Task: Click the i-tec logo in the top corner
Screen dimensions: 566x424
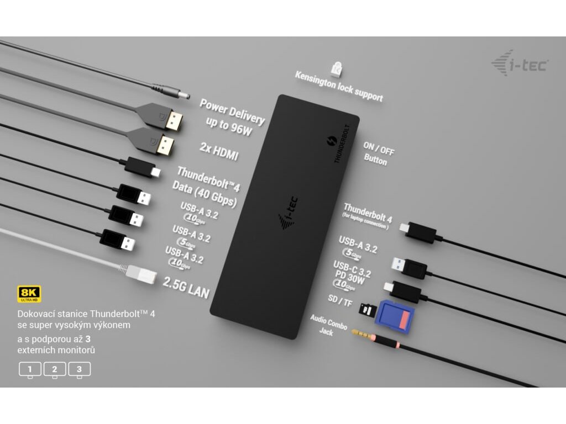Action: point(520,63)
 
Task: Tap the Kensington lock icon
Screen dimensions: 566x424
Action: point(336,68)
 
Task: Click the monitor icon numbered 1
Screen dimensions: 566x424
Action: point(30,369)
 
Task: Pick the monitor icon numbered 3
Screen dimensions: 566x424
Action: point(79,369)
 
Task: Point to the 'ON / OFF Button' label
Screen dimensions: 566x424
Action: point(378,153)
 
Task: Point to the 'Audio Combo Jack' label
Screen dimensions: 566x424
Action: point(329,326)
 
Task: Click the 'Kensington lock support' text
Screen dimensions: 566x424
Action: point(339,86)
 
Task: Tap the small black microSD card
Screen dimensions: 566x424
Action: point(365,309)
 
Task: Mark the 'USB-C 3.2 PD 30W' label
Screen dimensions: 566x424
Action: point(352,273)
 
